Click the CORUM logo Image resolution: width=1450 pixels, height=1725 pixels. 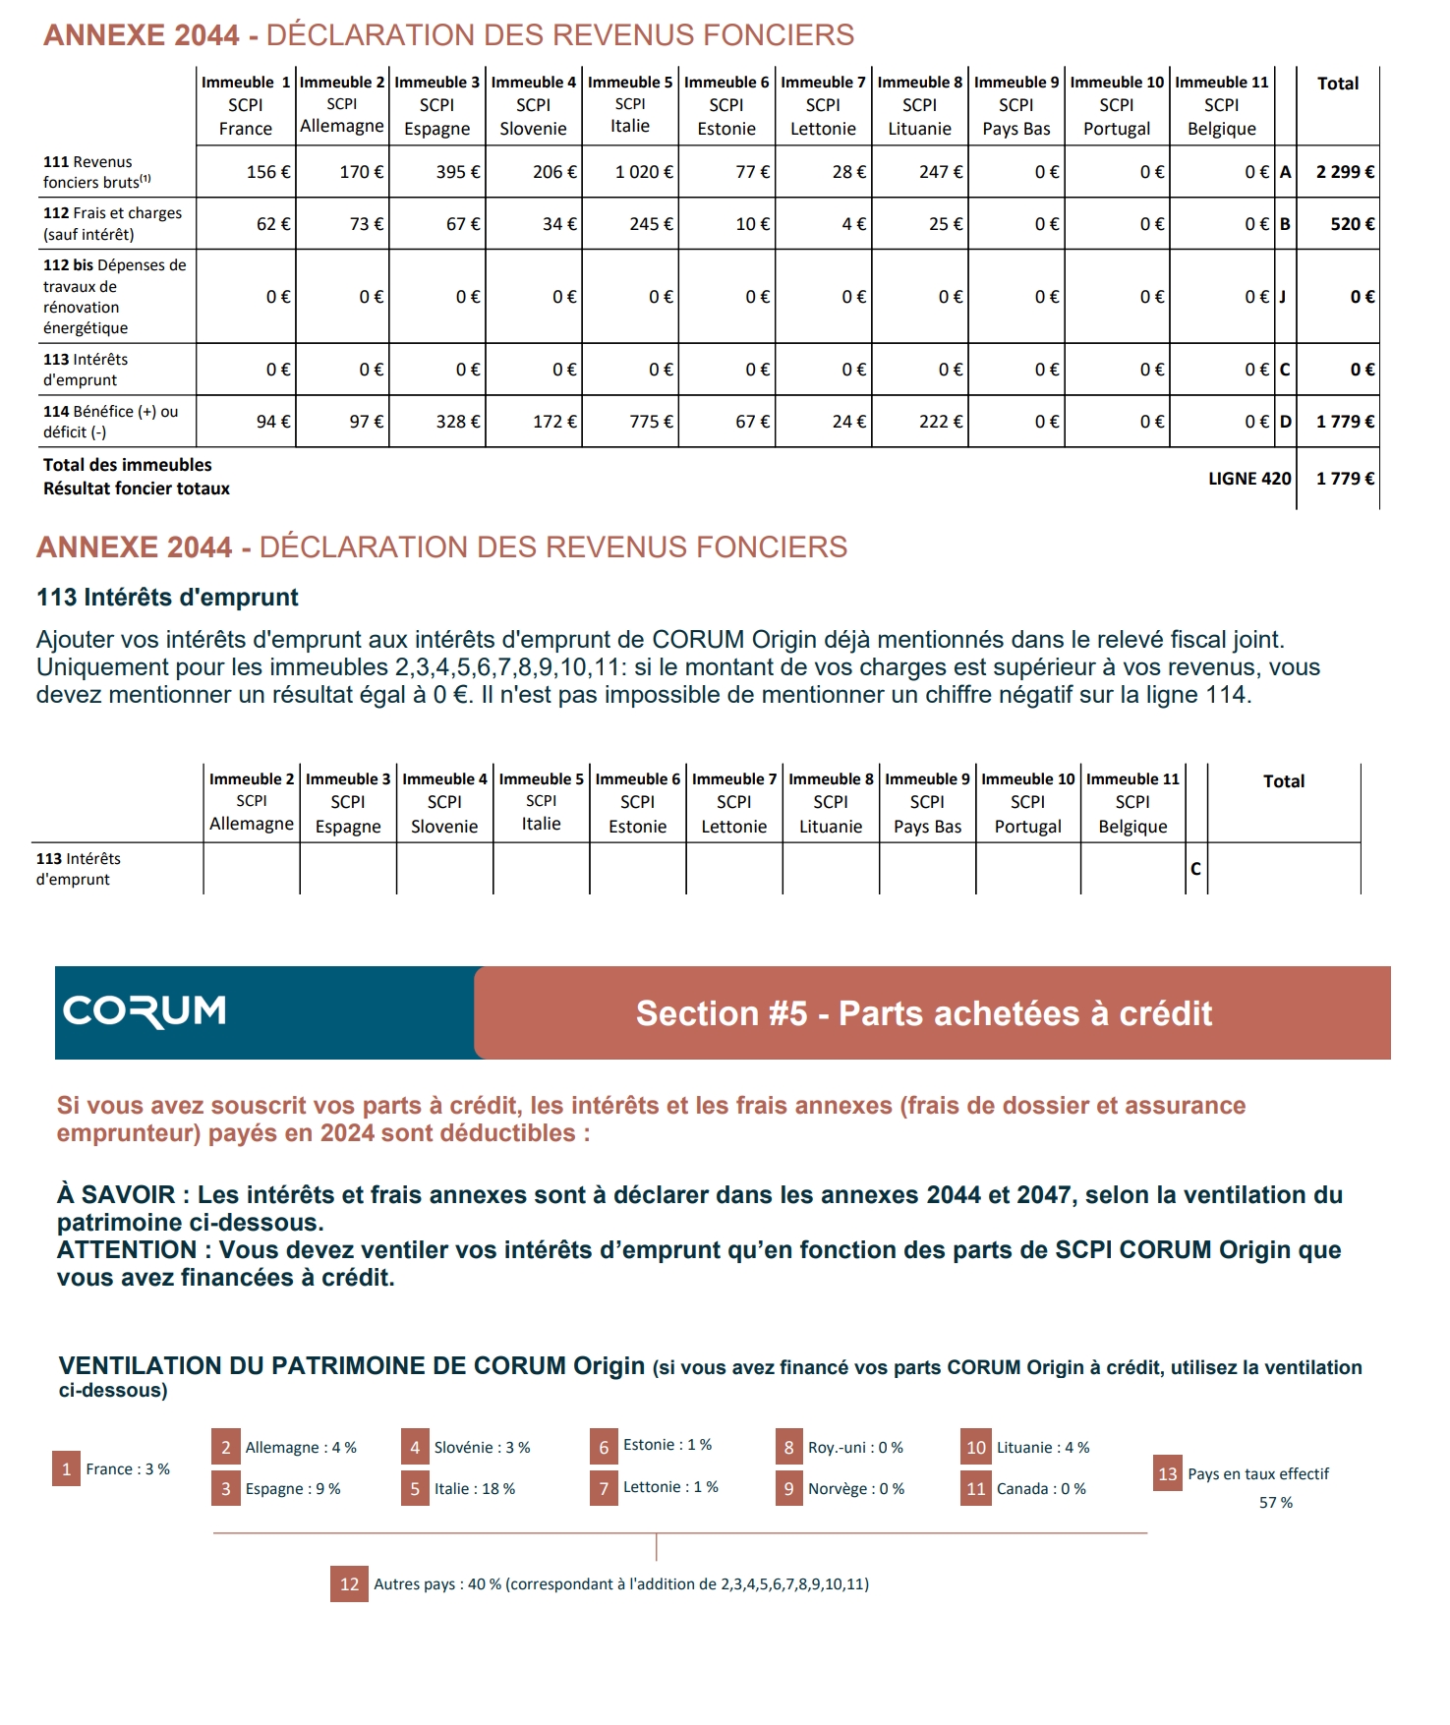tap(145, 1011)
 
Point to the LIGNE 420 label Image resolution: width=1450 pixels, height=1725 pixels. tap(1249, 479)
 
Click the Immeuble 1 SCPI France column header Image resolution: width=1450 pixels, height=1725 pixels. tap(246, 105)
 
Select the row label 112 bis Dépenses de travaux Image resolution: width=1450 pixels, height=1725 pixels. tap(114, 296)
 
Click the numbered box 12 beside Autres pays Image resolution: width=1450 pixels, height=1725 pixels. tap(349, 1583)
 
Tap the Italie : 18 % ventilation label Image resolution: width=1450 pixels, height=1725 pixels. tap(475, 1488)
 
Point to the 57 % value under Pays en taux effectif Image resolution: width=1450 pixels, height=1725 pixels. tap(1275, 1502)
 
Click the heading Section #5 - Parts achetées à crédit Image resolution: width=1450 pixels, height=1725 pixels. tap(923, 1013)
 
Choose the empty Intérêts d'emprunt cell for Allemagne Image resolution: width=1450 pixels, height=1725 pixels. tap(251, 869)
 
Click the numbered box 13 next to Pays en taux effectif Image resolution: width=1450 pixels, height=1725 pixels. tap(1167, 1473)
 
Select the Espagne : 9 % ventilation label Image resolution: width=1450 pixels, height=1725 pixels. tap(293, 1488)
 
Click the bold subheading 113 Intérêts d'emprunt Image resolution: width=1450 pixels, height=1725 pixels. tap(167, 598)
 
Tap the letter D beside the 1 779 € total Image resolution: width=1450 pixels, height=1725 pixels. tap(1285, 422)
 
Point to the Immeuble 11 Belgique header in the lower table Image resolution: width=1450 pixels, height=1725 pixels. tap(1132, 802)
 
